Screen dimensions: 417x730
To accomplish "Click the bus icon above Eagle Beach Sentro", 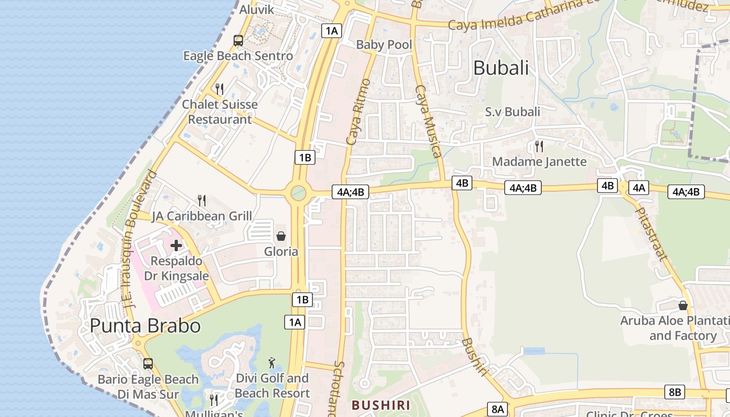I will (x=238, y=40).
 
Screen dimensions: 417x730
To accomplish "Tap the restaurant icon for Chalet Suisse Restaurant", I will (x=220, y=89).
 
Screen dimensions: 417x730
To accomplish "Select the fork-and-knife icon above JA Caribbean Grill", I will (x=202, y=200).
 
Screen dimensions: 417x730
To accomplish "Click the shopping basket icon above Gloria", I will (x=281, y=237).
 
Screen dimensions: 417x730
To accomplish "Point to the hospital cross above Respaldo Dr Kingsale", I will (x=176, y=245).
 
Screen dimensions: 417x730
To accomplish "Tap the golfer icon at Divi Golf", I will (x=272, y=363).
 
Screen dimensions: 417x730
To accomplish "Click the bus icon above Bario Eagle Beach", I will (x=148, y=363).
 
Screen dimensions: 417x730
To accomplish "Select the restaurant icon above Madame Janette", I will (x=539, y=146).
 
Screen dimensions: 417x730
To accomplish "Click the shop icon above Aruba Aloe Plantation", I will (x=683, y=305).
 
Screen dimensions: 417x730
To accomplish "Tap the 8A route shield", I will (x=497, y=409).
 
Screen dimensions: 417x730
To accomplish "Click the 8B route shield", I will (x=675, y=392).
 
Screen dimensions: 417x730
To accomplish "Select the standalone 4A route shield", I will (x=639, y=188).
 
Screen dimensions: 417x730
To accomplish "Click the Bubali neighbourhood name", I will (x=501, y=68).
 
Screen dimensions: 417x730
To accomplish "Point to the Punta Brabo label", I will (x=145, y=326).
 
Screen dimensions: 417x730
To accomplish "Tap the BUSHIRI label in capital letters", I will (x=381, y=405).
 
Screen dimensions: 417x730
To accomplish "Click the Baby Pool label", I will (x=384, y=45).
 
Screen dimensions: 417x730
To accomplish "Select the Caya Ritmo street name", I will (x=358, y=112).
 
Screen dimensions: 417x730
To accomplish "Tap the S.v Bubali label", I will (x=513, y=112).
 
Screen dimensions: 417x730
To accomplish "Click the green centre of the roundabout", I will (x=298, y=193).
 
